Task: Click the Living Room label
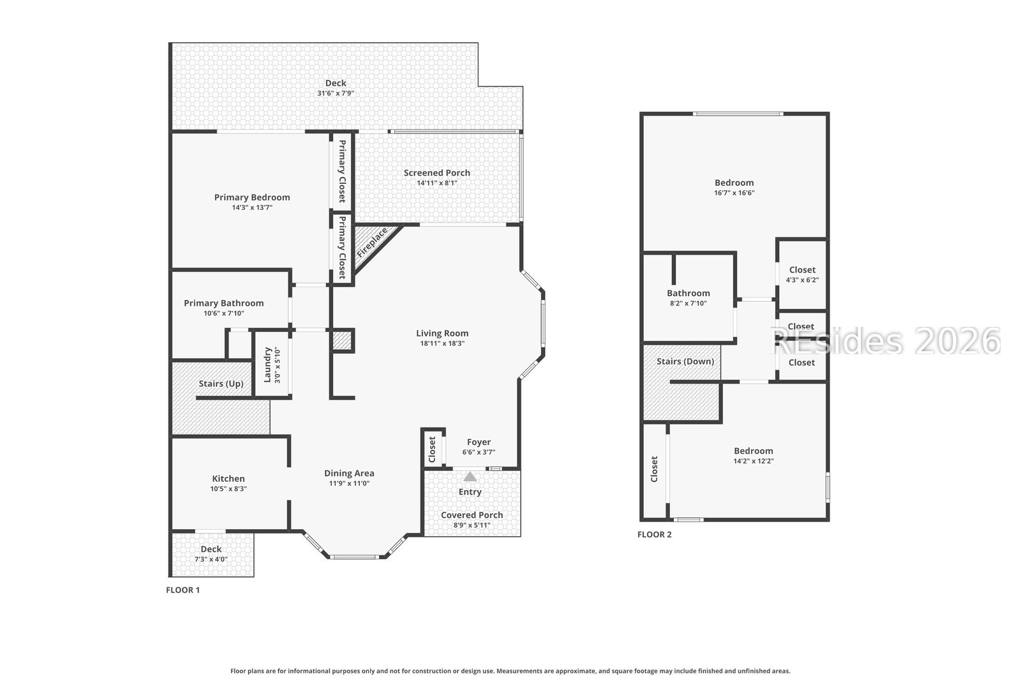click(442, 333)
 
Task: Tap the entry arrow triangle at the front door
click(470, 477)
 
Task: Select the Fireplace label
click(373, 243)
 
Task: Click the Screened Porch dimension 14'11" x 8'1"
click(436, 183)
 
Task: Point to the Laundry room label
click(267, 364)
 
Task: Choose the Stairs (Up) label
click(221, 384)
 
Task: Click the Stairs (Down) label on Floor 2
click(685, 361)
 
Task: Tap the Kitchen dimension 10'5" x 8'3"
click(228, 489)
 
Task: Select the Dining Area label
click(349, 473)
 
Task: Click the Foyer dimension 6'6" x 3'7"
click(479, 452)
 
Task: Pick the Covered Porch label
click(472, 515)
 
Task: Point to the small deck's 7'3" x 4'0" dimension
click(211, 559)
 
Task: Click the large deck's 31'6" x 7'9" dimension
click(336, 93)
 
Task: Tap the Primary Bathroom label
click(224, 303)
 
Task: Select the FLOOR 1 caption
click(183, 590)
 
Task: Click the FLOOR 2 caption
click(655, 535)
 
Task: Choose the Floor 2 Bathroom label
click(689, 293)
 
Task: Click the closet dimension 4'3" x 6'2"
click(802, 280)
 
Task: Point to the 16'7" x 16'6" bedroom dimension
click(734, 193)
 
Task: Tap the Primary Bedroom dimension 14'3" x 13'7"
click(252, 208)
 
